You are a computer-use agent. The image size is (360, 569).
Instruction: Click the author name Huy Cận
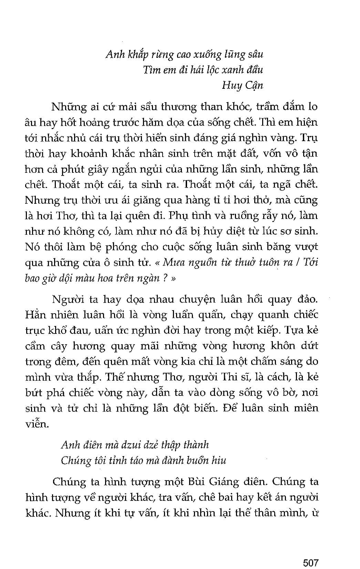[243, 85]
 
